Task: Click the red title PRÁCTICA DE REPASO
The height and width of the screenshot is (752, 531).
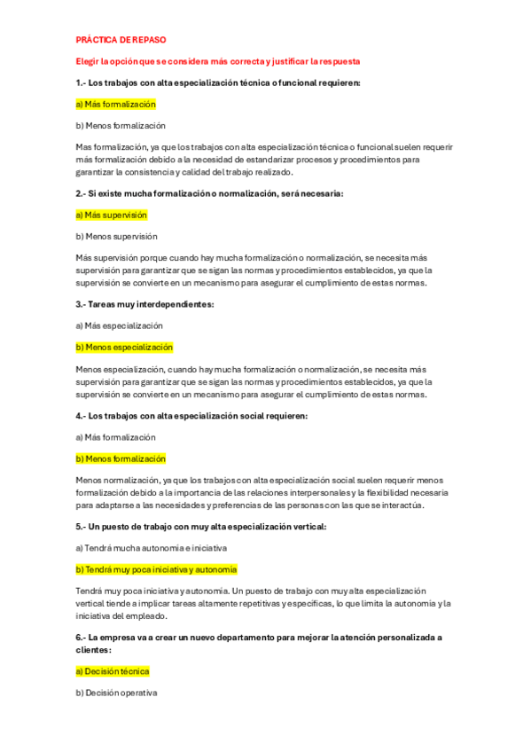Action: tap(121, 40)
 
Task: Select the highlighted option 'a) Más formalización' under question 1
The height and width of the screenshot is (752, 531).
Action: tap(116, 104)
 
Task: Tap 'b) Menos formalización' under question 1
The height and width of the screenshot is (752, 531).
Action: tap(121, 126)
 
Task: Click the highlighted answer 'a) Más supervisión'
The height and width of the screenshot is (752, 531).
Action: tap(112, 215)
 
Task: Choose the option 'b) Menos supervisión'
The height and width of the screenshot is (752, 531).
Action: tap(116, 237)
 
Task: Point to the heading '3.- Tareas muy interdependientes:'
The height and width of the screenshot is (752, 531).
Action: tap(145, 304)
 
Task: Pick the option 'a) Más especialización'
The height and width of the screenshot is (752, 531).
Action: tap(119, 325)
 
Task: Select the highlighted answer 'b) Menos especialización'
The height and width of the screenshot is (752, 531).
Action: tap(124, 348)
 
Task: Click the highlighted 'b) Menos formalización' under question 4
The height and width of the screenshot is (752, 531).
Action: tap(121, 458)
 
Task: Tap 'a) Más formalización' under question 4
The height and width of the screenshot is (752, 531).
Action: tap(116, 437)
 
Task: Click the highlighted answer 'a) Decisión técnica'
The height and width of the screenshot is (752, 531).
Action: tap(113, 671)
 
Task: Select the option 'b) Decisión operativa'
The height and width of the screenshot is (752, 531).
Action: tap(116, 693)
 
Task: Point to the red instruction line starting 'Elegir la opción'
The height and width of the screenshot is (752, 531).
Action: tap(217, 61)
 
